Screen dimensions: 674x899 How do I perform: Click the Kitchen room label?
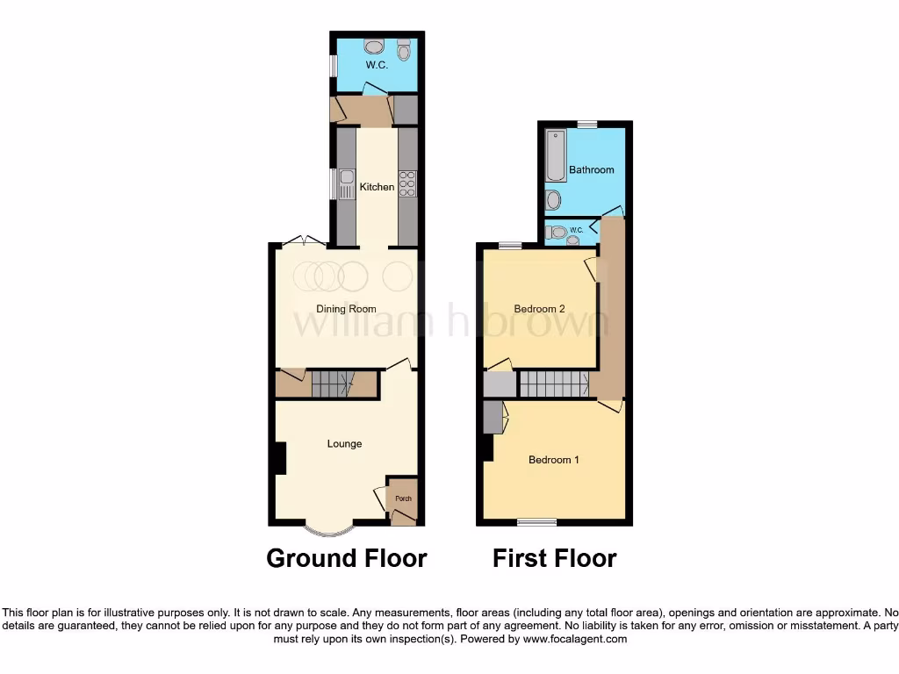(377, 187)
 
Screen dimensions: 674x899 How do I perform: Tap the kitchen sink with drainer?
(346, 183)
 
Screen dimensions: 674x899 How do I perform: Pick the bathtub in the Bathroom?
(556, 156)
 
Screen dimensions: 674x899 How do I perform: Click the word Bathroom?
(591, 169)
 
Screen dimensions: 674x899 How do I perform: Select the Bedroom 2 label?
(539, 309)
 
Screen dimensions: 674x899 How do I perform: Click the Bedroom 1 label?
(553, 460)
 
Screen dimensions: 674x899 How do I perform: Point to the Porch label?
(403, 498)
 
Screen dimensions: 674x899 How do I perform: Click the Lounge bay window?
(330, 530)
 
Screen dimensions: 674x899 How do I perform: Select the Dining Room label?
(346, 309)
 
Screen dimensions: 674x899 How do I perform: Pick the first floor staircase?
(553, 384)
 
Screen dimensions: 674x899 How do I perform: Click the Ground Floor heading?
(346, 558)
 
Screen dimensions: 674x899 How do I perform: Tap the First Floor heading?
(554, 558)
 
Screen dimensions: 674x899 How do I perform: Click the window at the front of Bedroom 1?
(536, 522)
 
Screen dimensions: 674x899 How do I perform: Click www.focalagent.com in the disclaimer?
(576, 639)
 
